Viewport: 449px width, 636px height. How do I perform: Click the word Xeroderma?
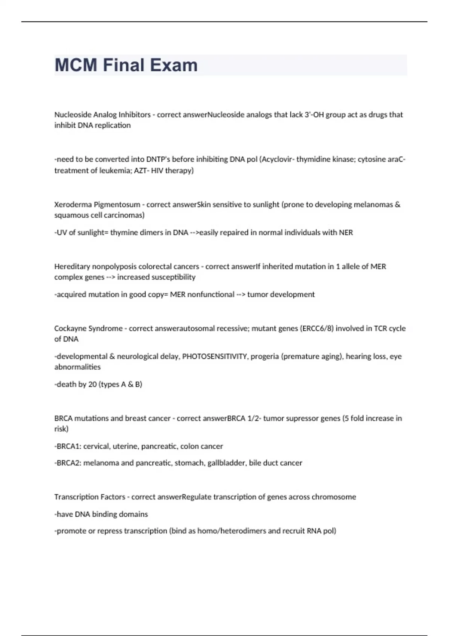tap(73, 205)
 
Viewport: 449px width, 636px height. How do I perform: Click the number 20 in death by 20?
tap(92, 384)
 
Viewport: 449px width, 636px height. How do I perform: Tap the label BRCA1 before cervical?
tap(68, 446)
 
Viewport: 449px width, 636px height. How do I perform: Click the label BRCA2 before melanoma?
tap(68, 463)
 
